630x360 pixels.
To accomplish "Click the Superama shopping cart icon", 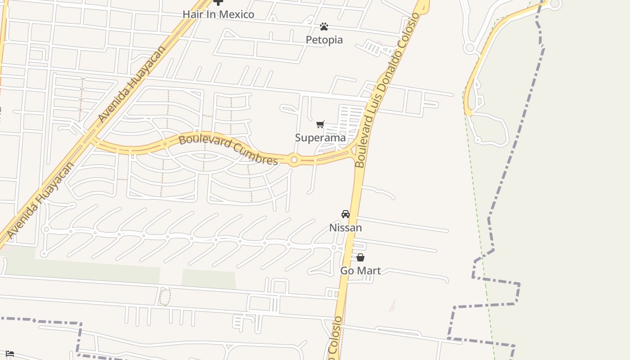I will (320, 125).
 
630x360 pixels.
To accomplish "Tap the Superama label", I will (320, 138).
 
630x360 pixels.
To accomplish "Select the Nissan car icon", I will (346, 214).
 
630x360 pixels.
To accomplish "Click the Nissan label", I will (346, 228).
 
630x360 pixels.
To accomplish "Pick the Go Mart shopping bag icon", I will (360, 257).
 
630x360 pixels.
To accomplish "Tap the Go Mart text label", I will (360, 271).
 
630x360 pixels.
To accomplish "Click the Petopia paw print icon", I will (324, 27).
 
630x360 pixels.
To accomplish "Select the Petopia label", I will (324, 40).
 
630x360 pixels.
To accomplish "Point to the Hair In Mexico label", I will (218, 14).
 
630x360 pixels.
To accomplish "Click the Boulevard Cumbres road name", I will (228, 150).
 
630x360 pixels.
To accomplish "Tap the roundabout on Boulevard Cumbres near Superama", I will (294, 160).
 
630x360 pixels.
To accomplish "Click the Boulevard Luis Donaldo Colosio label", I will (387, 90).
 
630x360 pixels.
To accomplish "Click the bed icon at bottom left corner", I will (10, 354).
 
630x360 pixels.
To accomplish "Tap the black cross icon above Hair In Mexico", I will (218, 2).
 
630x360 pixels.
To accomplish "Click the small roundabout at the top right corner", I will (555, 4).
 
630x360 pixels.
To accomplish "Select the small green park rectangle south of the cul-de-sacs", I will (208, 279).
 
